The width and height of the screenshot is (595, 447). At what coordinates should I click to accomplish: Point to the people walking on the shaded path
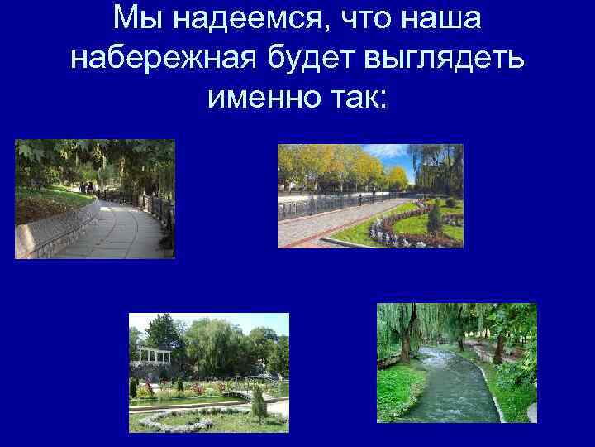tap(86, 187)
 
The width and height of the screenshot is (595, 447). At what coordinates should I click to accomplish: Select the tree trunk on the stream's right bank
tap(498, 348)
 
